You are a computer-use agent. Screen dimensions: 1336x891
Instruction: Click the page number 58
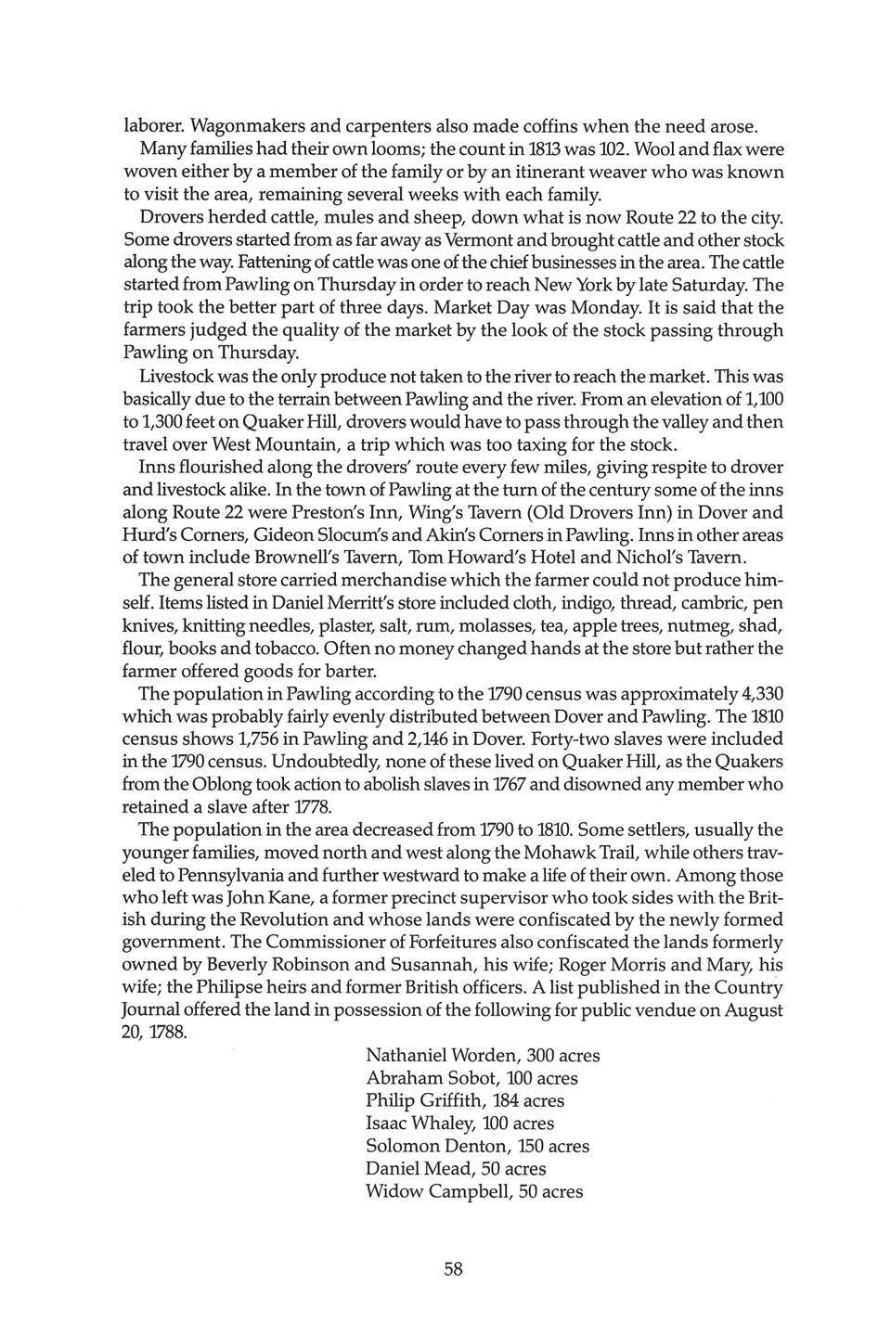(453, 1269)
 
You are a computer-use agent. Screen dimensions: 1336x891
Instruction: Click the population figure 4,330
(755, 693)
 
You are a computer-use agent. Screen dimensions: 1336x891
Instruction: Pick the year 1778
(307, 806)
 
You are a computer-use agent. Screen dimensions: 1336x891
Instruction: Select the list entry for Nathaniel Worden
(483, 1056)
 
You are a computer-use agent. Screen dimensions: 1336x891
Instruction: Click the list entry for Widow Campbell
(474, 1191)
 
